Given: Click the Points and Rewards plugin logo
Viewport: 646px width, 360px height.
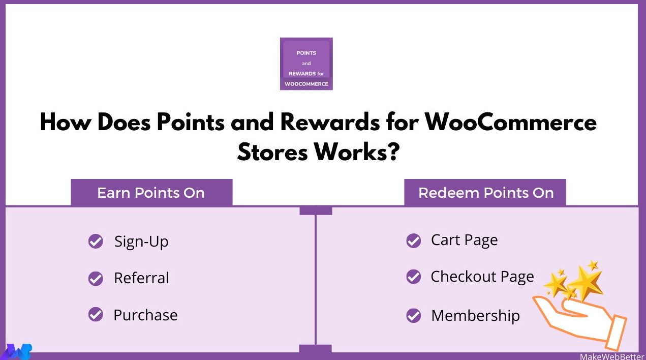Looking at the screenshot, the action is [x=306, y=64].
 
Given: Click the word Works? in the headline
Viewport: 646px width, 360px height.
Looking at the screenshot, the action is [x=357, y=152].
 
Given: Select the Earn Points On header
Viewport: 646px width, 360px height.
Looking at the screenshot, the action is [x=151, y=193].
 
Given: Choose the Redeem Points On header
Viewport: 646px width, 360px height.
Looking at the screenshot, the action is [x=485, y=193].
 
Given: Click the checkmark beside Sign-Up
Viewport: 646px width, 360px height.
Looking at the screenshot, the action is [x=96, y=241].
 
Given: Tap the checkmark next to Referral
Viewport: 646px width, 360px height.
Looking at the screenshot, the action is [x=96, y=278].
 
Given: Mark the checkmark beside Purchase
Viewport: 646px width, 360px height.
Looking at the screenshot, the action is [x=96, y=314].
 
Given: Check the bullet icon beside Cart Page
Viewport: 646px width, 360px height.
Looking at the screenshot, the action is [x=414, y=241].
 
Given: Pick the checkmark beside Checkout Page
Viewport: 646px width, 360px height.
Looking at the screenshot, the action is [x=414, y=277].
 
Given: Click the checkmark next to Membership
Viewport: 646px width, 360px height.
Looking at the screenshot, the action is [x=414, y=316].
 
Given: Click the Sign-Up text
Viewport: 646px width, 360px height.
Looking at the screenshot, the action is [x=141, y=242].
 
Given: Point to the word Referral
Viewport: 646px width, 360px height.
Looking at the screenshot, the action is [x=141, y=278].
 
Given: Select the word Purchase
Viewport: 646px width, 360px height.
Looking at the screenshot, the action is [x=145, y=315].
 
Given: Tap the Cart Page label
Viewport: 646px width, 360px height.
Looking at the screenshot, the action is [x=465, y=241].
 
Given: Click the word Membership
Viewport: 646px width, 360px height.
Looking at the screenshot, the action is [x=475, y=316].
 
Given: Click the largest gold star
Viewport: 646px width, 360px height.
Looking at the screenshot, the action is [x=586, y=283].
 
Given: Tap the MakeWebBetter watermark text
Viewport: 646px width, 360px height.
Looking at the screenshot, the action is [x=612, y=356].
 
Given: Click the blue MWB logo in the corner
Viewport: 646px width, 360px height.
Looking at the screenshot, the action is [x=17, y=352].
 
